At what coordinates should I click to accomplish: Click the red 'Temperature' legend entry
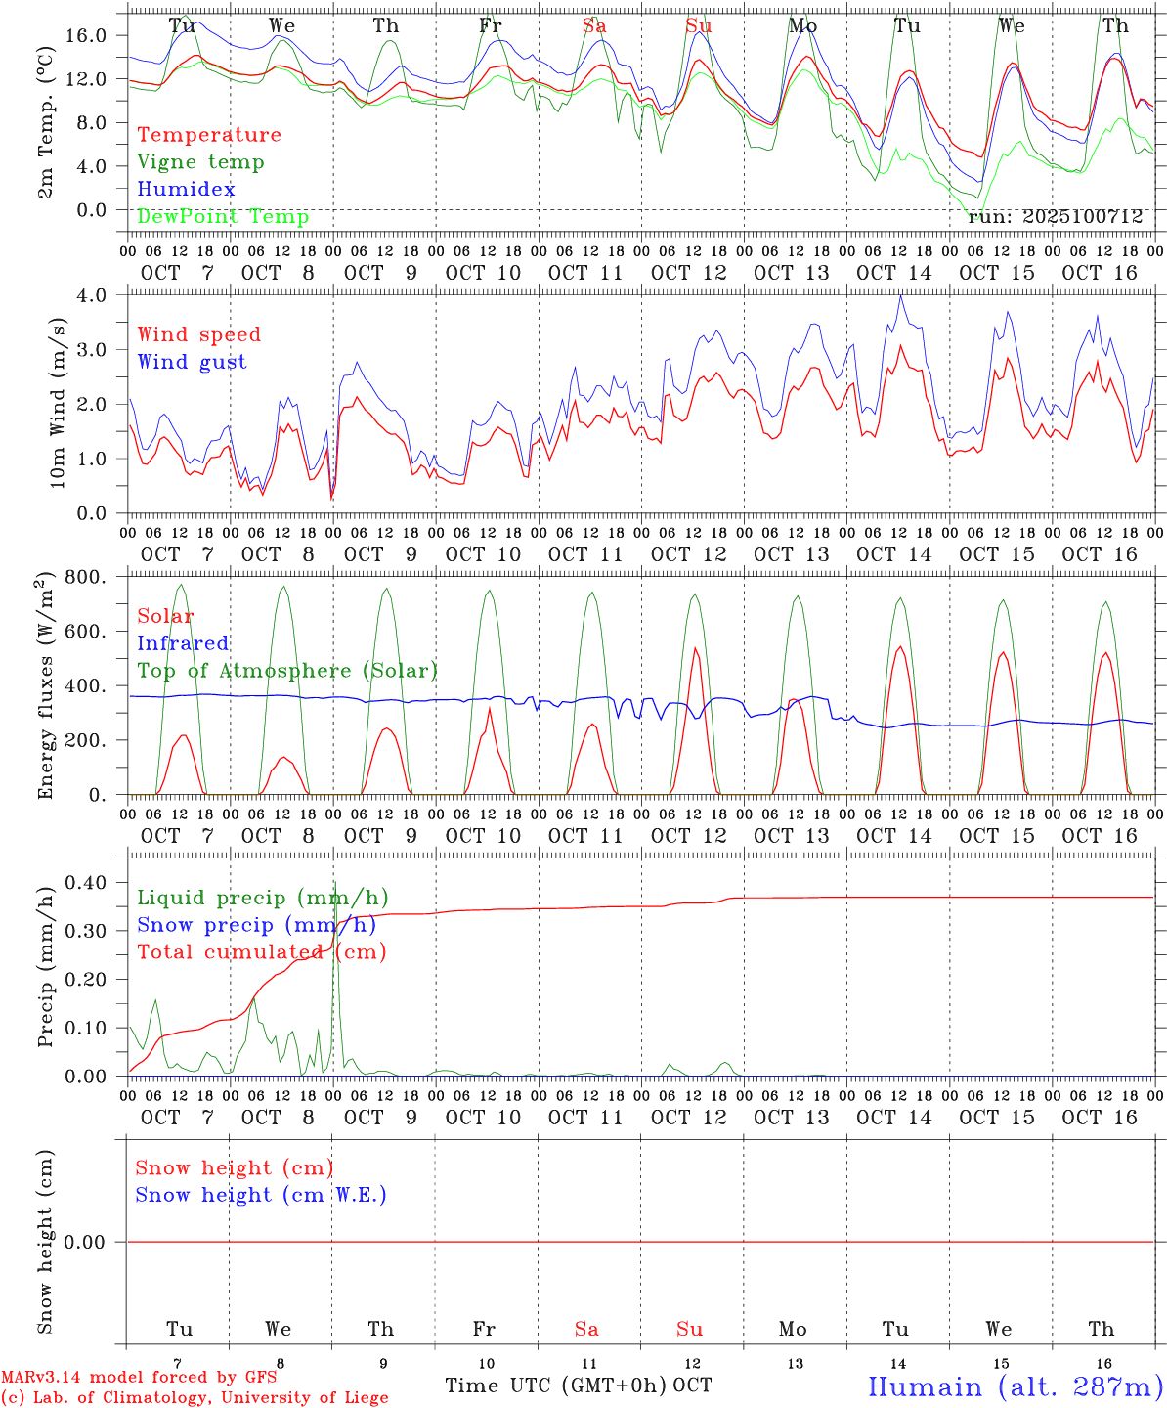click(x=208, y=135)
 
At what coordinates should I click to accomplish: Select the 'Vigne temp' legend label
click(x=200, y=162)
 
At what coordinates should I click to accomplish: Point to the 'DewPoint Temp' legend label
click(x=223, y=216)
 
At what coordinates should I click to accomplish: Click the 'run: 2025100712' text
click(x=1055, y=216)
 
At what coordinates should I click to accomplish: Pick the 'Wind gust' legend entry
click(x=192, y=362)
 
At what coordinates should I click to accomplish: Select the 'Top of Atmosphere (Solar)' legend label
click(x=286, y=671)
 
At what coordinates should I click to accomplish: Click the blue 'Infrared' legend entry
click(x=183, y=643)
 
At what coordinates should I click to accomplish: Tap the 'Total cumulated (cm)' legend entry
click(x=261, y=952)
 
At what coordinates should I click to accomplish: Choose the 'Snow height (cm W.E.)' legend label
click(x=261, y=1195)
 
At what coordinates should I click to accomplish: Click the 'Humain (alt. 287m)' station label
click(x=1014, y=1386)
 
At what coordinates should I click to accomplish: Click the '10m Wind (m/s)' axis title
click(x=57, y=403)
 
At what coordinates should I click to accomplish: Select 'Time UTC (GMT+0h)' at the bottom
click(x=555, y=1386)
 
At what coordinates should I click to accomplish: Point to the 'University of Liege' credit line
click(x=194, y=1398)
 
